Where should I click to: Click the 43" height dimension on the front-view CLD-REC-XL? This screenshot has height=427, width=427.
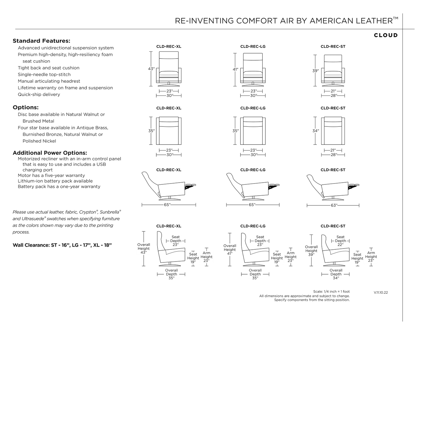click(x=151, y=69)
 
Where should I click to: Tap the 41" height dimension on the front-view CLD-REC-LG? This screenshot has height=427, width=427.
click(x=235, y=69)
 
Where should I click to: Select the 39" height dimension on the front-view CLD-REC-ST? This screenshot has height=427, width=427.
click(x=316, y=71)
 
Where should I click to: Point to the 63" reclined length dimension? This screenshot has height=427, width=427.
click(x=334, y=205)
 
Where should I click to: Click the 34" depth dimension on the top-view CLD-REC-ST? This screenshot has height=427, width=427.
click(x=316, y=131)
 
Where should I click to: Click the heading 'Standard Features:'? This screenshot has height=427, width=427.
click(x=41, y=41)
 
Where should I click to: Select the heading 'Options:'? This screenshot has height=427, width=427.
click(x=26, y=107)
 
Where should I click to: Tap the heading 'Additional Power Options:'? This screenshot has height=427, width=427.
click(x=50, y=153)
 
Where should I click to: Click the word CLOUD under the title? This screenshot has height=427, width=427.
click(x=386, y=35)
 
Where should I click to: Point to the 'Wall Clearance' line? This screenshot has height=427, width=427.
click(x=62, y=245)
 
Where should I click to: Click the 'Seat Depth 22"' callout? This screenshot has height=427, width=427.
click(x=340, y=241)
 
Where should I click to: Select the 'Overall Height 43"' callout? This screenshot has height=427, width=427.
click(x=144, y=249)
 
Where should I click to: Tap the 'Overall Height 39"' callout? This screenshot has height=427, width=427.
click(x=311, y=251)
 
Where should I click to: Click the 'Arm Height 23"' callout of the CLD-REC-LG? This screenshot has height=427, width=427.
click(x=290, y=257)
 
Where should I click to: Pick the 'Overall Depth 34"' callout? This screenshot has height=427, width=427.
click(x=336, y=274)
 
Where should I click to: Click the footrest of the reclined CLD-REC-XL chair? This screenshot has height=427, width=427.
click(x=191, y=185)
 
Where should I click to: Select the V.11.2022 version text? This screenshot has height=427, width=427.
click(x=381, y=293)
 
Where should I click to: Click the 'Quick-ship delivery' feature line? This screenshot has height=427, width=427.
click(x=39, y=95)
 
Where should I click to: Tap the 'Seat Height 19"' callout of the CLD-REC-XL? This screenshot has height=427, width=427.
click(x=193, y=258)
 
